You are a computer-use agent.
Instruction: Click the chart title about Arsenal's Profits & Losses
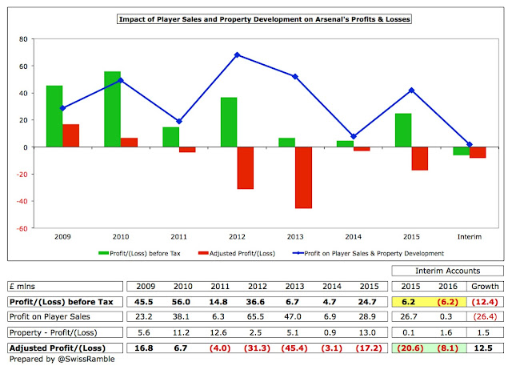[x=255, y=17]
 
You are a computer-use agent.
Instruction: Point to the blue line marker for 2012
[x=237, y=54]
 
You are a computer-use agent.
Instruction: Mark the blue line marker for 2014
[x=353, y=136]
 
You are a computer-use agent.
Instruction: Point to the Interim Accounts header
[x=448, y=271]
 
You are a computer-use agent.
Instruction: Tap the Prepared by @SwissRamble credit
[x=55, y=359]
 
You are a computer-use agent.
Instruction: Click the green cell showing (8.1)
[x=446, y=349]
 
